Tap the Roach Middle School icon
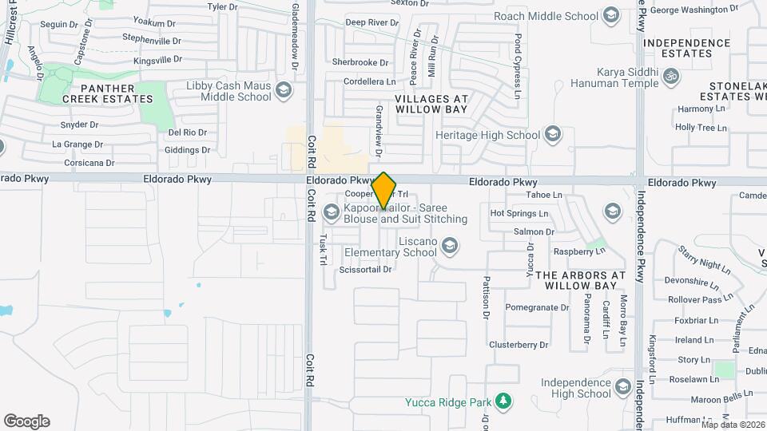pyautogui.click(x=610, y=16)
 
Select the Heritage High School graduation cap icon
pyautogui.click(x=552, y=135)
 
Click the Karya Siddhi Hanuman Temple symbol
pyautogui.click(x=672, y=77)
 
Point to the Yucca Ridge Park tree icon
pyautogui.click(x=503, y=401)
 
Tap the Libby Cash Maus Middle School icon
pyautogui.click(x=283, y=91)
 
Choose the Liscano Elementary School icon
pyautogui.click(x=450, y=246)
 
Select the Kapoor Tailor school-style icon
pyautogui.click(x=332, y=212)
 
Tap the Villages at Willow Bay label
pyautogui.click(x=431, y=104)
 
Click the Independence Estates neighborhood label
pyautogui.click(x=688, y=48)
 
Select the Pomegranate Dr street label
pyautogui.click(x=536, y=307)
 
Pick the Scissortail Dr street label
pyautogui.click(x=365, y=270)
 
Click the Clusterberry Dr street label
pyautogui.click(x=519, y=345)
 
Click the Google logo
pyautogui.click(x=26, y=421)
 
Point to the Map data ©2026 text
pyautogui.click(x=733, y=425)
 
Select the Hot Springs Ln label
pyautogui.click(x=519, y=213)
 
